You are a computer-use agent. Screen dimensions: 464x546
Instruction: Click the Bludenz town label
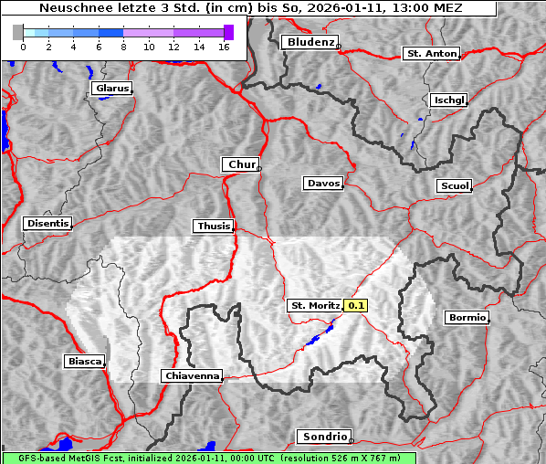[310, 42]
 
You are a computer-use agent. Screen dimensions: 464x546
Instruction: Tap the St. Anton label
[430, 54]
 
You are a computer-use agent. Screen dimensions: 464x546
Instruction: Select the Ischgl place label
[448, 100]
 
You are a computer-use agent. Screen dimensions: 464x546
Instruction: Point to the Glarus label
[110, 89]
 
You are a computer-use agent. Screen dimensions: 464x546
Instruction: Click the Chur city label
[241, 164]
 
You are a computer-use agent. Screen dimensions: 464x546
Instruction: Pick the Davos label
[322, 184]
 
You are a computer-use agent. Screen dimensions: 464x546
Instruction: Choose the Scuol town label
[454, 186]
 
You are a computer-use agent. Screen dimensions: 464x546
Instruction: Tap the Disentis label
[47, 223]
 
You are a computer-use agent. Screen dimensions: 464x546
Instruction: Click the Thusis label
[214, 226]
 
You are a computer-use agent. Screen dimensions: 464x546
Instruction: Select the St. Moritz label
[314, 305]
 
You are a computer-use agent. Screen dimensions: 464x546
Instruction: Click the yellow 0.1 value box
[356, 305]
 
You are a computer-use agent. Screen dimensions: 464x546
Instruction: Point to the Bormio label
[466, 318]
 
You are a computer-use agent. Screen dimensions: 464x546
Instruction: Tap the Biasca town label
[84, 361]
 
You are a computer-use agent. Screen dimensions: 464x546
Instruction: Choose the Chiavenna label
[191, 375]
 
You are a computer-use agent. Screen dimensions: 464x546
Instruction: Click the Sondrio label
[323, 437]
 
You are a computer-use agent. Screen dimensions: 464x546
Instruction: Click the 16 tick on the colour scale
[224, 46]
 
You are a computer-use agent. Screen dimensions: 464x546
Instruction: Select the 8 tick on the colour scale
[122, 46]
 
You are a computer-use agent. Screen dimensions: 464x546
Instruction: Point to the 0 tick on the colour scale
[22, 46]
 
